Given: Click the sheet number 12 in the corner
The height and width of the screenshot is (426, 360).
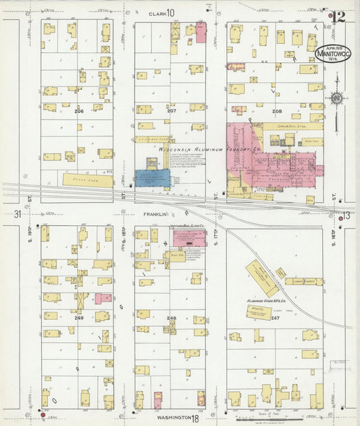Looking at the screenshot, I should click(338, 16).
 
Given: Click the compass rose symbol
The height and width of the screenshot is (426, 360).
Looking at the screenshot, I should click(335, 99).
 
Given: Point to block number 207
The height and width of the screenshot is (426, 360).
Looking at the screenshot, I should click(172, 110).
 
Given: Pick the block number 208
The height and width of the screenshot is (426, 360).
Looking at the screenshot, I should click(276, 110).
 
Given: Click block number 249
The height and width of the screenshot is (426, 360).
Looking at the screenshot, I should click(78, 318).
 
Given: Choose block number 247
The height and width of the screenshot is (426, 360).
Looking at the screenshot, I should click(275, 317).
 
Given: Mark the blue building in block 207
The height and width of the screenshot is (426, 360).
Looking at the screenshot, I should click(152, 178).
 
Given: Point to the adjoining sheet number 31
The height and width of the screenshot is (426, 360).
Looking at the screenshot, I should click(17, 214).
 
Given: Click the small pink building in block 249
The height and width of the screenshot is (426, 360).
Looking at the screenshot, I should click(103, 298).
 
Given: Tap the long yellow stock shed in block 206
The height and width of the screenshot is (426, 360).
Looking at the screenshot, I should click(88, 180).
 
